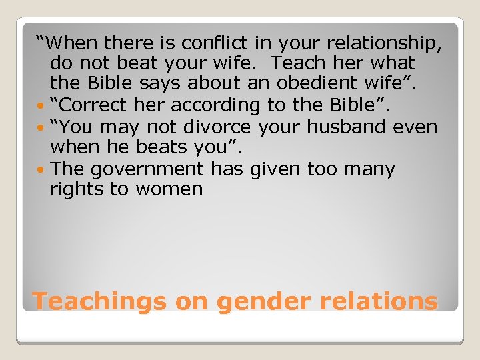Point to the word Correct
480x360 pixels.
[91, 105]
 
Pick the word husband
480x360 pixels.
[349, 127]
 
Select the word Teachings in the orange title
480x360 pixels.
[99, 301]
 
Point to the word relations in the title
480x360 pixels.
[379, 301]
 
